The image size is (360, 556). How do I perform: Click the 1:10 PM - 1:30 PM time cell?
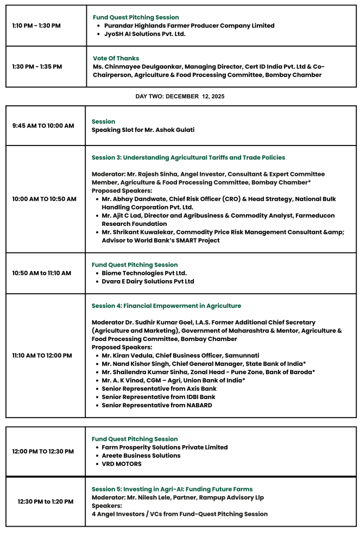(x=36, y=26)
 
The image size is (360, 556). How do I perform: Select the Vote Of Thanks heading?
(x=116, y=58)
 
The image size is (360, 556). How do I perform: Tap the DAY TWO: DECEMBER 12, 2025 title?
(x=180, y=96)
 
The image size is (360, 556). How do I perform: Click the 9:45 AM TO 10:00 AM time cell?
(x=43, y=126)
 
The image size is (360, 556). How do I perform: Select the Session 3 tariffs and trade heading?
(x=188, y=157)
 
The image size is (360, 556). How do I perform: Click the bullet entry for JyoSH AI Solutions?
(x=144, y=34)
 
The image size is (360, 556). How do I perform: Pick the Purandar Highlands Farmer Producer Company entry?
(x=189, y=26)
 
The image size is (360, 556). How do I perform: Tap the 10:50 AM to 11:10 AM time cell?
(x=42, y=273)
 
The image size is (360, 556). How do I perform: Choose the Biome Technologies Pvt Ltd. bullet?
(x=144, y=273)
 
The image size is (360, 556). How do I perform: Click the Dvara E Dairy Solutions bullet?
(x=148, y=281)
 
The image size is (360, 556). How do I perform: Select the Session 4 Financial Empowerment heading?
(x=166, y=306)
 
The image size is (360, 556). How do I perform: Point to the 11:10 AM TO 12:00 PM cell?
(x=42, y=356)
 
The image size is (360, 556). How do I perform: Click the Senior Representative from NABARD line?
(x=156, y=405)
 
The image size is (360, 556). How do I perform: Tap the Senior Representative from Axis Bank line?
(x=159, y=389)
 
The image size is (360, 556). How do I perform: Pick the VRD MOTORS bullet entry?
(x=122, y=464)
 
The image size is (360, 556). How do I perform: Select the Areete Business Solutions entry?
(x=141, y=456)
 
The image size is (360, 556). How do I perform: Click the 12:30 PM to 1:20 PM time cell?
(x=45, y=502)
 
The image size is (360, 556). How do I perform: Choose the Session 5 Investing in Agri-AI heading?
(x=172, y=489)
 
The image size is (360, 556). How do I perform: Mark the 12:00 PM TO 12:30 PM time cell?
(x=43, y=451)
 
